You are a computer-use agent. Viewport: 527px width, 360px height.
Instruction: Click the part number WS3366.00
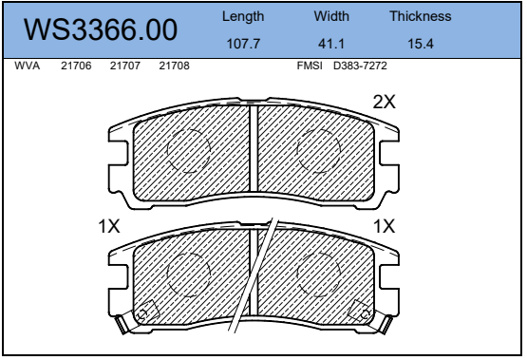point(101,29)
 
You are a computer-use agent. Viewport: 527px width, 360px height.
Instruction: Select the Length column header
point(243,16)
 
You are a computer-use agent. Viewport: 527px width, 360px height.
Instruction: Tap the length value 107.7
point(243,44)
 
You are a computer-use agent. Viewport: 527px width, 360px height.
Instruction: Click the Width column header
point(331,16)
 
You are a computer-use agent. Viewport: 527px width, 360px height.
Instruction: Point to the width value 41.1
point(331,44)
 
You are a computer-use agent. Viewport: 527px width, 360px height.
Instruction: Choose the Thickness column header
point(421,16)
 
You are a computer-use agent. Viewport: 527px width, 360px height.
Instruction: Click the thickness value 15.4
point(421,44)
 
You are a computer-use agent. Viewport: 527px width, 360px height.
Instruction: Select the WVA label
point(27,66)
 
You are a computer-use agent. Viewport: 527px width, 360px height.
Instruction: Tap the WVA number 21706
point(76,66)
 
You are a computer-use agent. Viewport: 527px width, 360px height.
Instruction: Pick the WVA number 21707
point(125,66)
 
